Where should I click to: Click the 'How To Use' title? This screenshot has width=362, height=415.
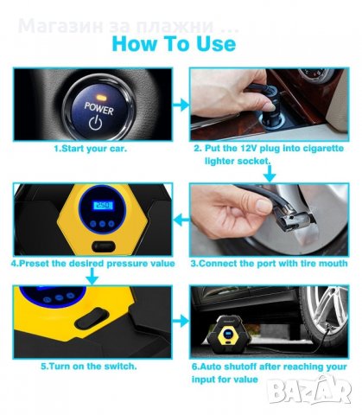174,43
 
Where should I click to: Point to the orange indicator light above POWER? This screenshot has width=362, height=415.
100,98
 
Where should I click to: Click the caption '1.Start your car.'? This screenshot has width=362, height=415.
91,149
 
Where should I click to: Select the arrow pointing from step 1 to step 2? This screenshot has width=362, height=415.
181,105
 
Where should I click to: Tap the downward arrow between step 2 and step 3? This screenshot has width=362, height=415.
270,174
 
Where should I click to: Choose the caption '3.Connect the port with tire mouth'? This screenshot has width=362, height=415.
269,264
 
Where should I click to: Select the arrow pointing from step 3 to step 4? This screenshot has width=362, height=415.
181,220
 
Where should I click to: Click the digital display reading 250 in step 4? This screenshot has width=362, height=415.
103,205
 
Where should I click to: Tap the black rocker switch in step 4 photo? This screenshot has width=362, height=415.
104,247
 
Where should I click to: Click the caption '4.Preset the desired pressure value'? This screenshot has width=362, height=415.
92,264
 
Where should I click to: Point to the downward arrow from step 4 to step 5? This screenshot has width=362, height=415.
92,276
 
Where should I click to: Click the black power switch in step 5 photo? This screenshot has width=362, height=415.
92,318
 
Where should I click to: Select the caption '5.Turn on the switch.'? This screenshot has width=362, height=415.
89,367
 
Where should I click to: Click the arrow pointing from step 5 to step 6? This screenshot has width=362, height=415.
181,321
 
